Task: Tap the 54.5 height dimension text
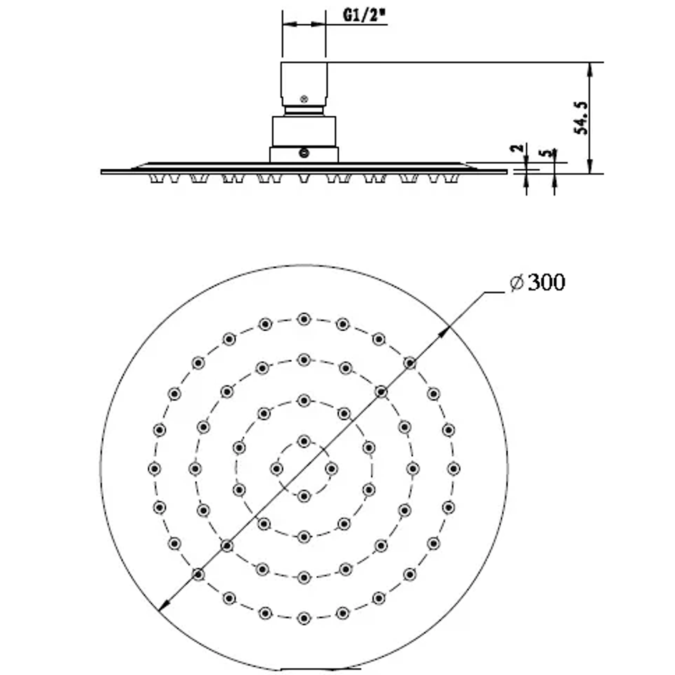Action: pyautogui.click(x=581, y=117)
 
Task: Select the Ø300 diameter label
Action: pyautogui.click(x=537, y=283)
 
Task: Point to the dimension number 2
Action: pyautogui.click(x=516, y=149)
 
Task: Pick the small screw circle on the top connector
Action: pyautogui.click(x=304, y=98)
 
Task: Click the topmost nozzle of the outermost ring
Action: pyautogui.click(x=304, y=319)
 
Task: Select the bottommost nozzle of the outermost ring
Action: pyautogui.click(x=304, y=617)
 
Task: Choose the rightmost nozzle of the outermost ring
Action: pyautogui.click(x=453, y=468)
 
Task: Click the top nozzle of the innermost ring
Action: pyautogui.click(x=304, y=441)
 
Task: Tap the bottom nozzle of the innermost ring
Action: pyautogui.click(x=304, y=496)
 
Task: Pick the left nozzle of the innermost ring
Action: pyautogui.click(x=276, y=468)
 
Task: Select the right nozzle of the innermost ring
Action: pyautogui.click(x=331, y=468)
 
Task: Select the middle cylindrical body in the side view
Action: pyautogui.click(x=304, y=131)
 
